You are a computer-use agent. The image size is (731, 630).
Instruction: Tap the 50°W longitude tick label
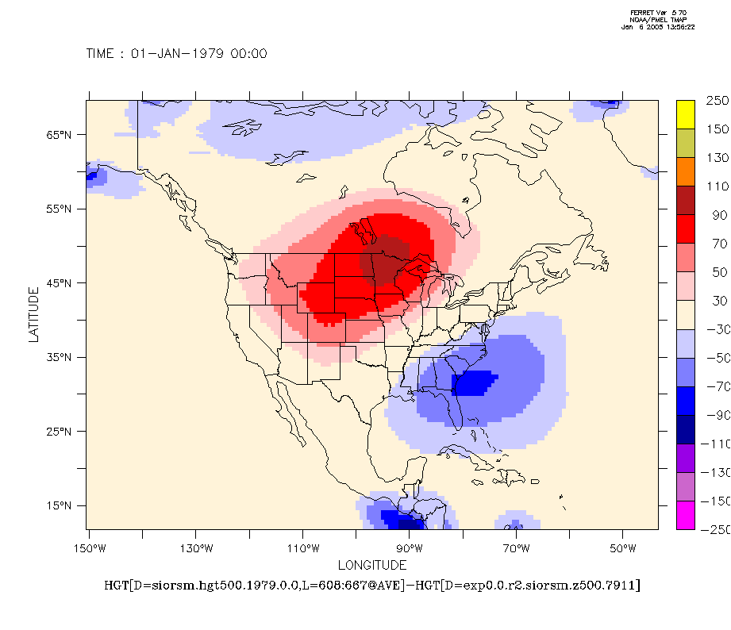coord(623,548)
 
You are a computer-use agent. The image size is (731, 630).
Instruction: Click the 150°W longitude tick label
coord(89,548)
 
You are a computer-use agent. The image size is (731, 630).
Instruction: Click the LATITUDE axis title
coord(33,315)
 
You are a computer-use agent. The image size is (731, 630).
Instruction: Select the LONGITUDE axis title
coord(372,566)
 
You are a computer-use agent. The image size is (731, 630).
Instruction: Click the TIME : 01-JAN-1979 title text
coord(176,54)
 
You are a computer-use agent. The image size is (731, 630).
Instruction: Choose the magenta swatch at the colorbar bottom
coord(686,516)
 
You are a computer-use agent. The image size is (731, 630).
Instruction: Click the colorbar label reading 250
coord(717,101)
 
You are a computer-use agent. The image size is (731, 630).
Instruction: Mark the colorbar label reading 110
coord(717,186)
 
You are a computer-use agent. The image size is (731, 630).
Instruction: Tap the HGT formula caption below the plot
coord(372,586)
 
